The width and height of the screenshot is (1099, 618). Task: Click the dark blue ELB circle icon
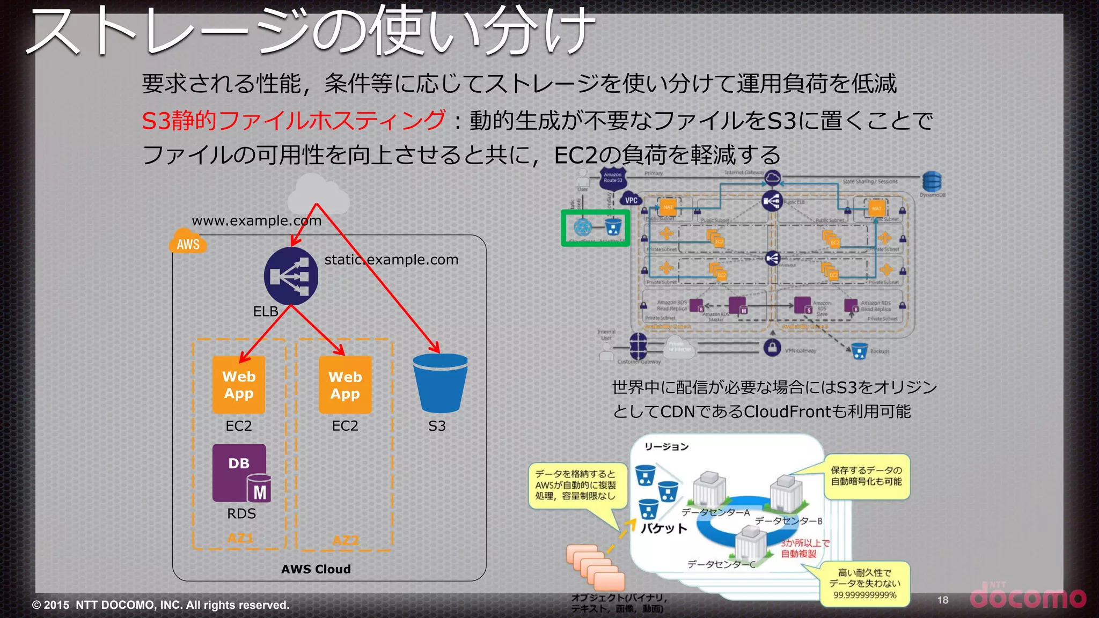(291, 276)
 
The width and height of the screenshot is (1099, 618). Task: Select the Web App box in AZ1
(239, 385)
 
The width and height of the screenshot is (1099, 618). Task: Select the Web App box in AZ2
(345, 385)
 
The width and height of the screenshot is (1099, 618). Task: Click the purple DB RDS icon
(240, 473)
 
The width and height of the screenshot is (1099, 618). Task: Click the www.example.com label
(257, 220)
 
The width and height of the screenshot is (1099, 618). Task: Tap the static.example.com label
(391, 260)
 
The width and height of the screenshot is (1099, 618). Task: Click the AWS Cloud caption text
(316, 569)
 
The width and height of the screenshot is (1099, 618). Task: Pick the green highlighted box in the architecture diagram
(595, 228)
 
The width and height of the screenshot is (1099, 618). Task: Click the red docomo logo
(1028, 597)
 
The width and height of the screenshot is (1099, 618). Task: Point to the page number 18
(943, 600)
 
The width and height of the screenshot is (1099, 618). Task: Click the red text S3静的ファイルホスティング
(294, 120)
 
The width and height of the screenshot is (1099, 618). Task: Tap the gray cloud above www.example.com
(318, 194)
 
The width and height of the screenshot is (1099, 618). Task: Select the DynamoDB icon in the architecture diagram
(932, 182)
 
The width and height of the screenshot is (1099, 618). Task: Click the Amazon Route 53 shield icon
(613, 179)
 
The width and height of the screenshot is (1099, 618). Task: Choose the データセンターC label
(721, 564)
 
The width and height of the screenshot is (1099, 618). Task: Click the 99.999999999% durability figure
(864, 595)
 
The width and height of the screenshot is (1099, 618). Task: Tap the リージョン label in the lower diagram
(666, 447)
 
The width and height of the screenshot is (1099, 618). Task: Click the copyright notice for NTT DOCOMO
(160, 605)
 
